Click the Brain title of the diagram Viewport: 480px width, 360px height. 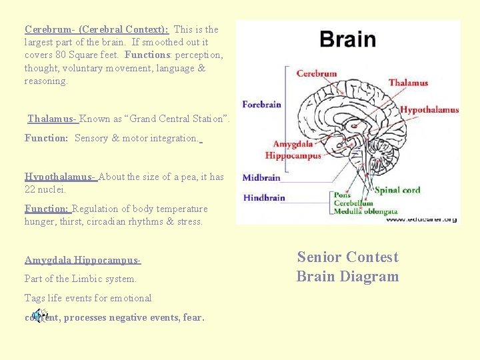pyautogui.click(x=347, y=39)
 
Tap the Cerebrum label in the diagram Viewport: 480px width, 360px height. pyautogui.click(x=316, y=73)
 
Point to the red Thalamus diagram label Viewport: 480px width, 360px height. pyautogui.click(x=408, y=83)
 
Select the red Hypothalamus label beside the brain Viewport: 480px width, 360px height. pyautogui.click(x=429, y=110)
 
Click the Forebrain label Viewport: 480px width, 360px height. pyautogui.click(x=261, y=104)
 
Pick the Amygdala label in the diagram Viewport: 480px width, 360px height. pyautogui.click(x=293, y=144)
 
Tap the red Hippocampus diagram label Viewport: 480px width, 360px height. pyautogui.click(x=293, y=155)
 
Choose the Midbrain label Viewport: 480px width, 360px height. pyautogui.click(x=261, y=178)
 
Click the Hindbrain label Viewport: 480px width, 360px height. pyautogui.click(x=264, y=197)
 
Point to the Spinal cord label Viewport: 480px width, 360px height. pyautogui.click(x=397, y=190)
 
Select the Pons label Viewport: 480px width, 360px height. pyautogui.click(x=342, y=195)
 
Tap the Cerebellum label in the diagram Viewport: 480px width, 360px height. pyautogui.click(x=353, y=203)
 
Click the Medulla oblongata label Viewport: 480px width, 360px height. pyautogui.click(x=365, y=211)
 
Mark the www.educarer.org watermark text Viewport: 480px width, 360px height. pyautogui.click(x=421, y=219)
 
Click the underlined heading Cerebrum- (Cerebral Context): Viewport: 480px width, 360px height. pyautogui.click(x=97, y=29)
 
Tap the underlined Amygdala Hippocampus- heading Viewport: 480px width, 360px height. pyautogui.click(x=83, y=260)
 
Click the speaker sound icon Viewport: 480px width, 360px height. pyautogui.click(x=40, y=315)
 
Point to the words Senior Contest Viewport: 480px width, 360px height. pyautogui.click(x=347, y=257)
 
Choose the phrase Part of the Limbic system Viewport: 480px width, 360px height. pyautogui.click(x=81, y=279)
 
